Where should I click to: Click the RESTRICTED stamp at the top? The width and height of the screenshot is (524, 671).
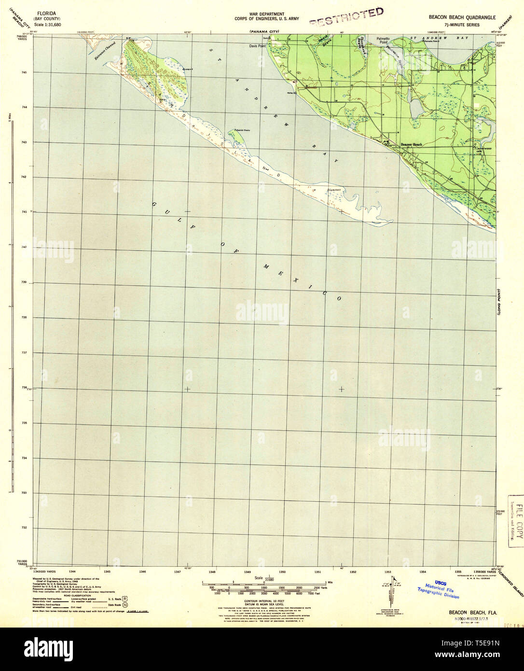point(346,16)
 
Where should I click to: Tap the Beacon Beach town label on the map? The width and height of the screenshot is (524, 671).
point(411,145)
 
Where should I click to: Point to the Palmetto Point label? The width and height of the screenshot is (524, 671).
point(383,42)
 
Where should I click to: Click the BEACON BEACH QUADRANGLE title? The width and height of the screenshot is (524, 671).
point(462,17)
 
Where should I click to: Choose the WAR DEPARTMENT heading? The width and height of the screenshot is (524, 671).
point(266,14)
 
